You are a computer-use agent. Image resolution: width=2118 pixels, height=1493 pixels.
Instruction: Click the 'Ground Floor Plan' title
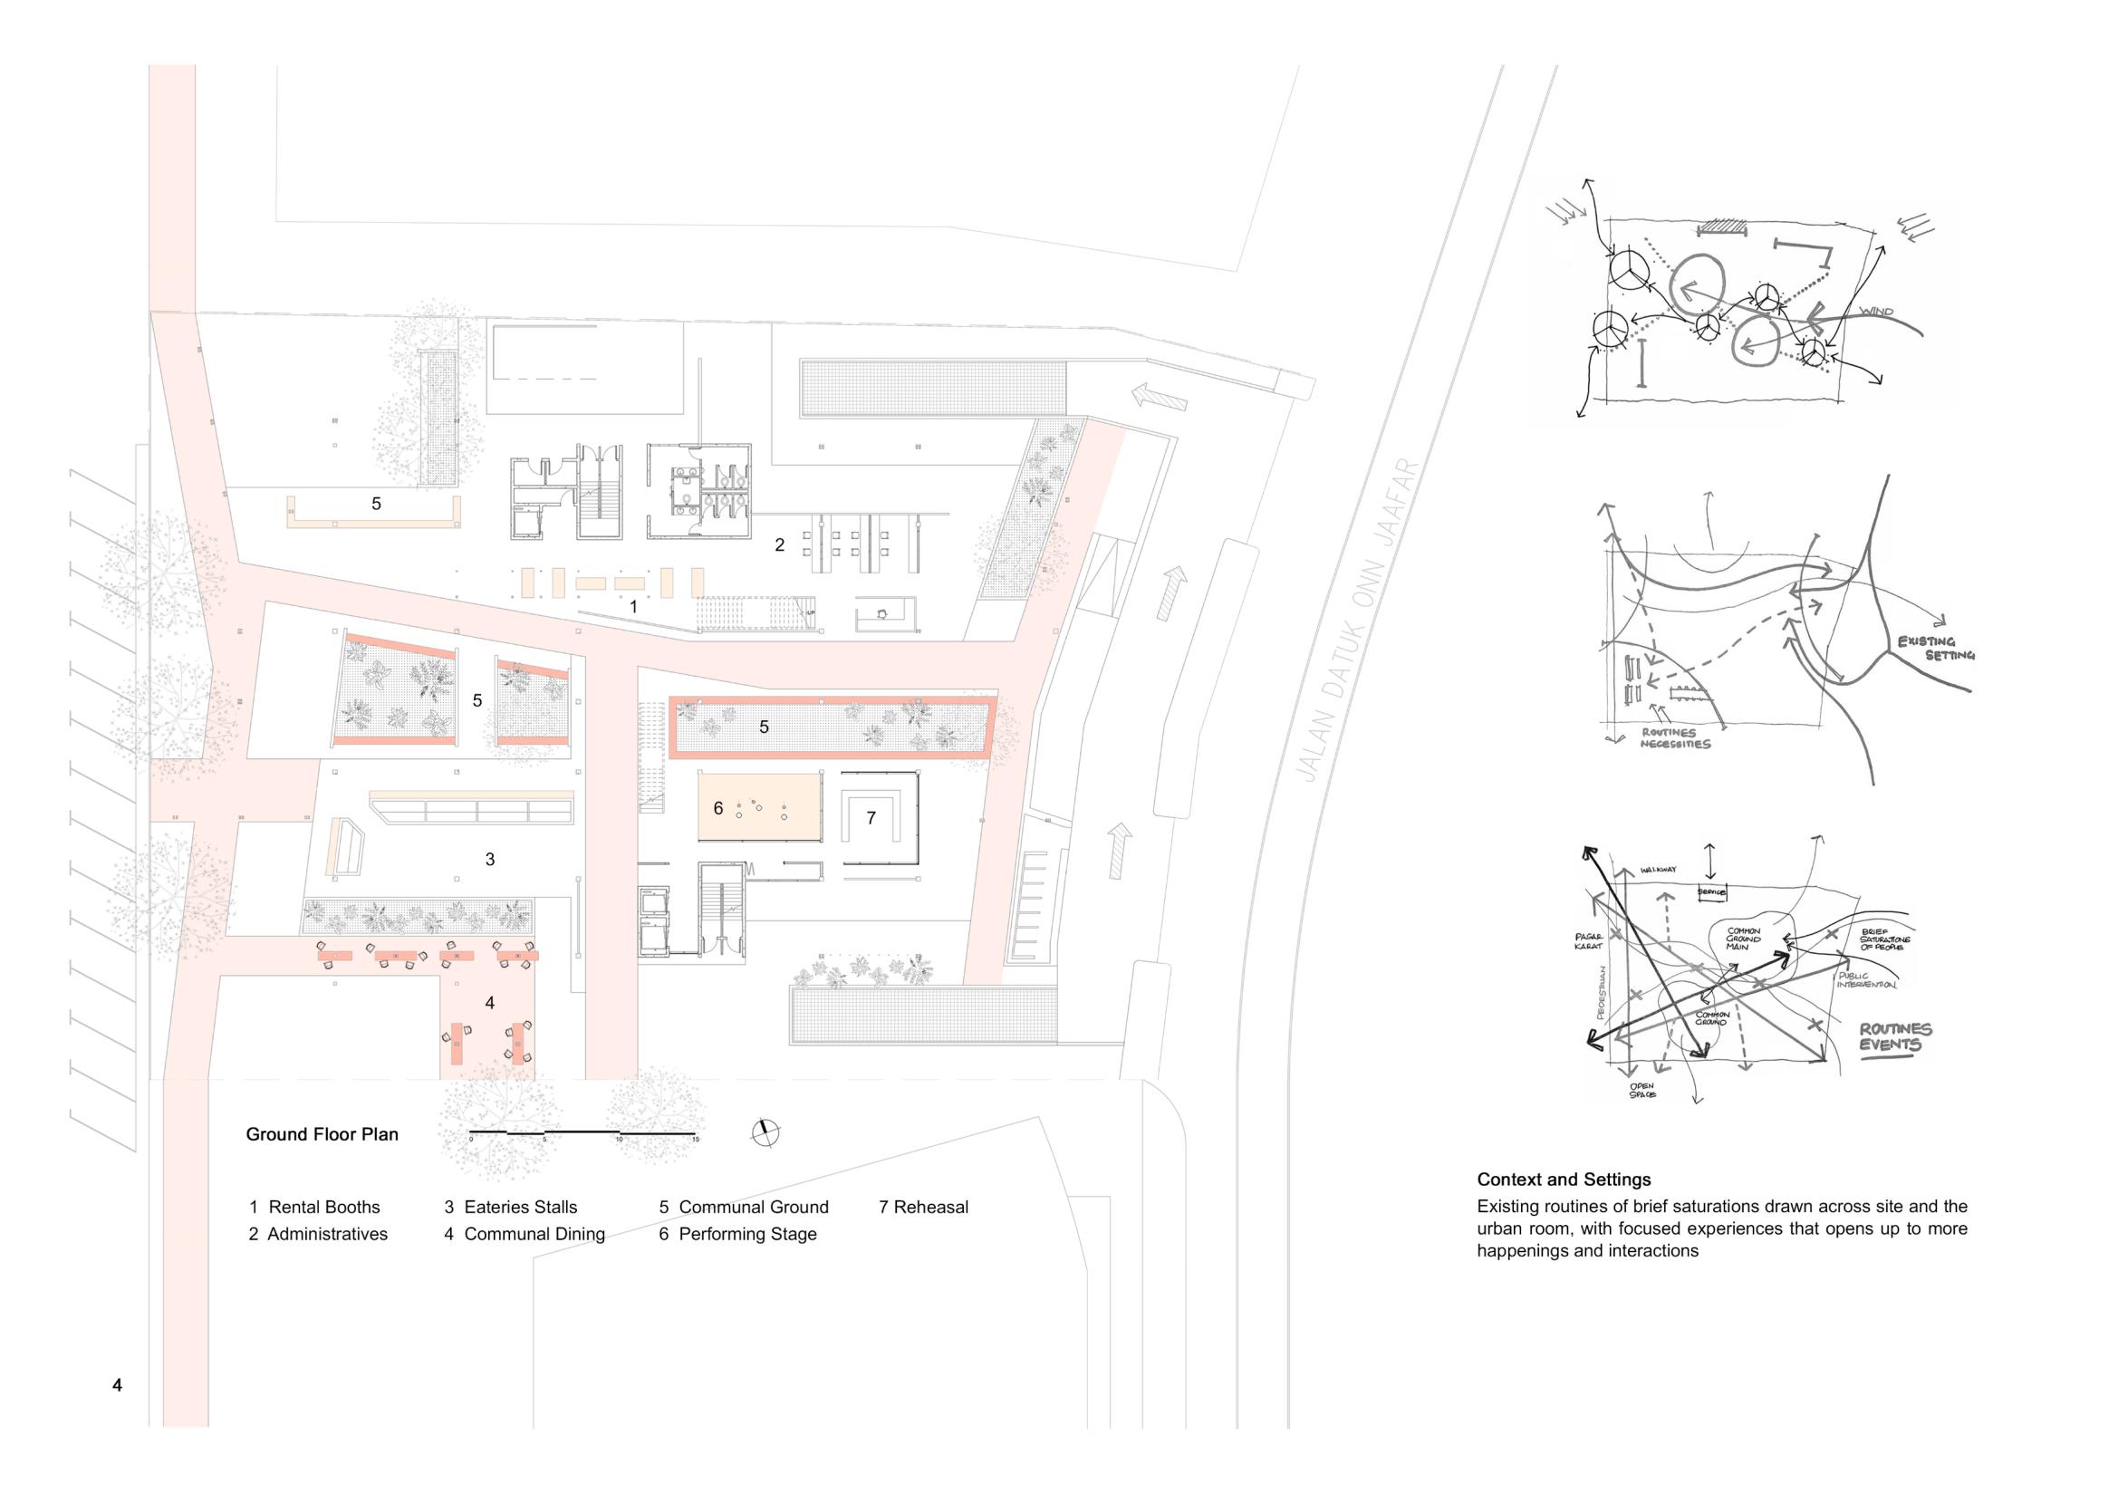322,1134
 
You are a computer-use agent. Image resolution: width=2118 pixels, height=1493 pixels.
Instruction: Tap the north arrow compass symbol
765,1132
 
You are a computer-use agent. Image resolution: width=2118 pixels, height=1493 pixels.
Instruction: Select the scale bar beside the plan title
582,1132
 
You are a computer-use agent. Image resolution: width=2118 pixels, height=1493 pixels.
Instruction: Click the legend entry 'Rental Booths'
314,1207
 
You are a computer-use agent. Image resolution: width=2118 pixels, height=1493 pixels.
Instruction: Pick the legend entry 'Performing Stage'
738,1234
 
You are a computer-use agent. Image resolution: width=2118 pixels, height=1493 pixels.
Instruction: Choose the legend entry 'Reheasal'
923,1207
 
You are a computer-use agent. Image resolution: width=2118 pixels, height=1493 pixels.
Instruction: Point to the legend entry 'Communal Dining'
524,1234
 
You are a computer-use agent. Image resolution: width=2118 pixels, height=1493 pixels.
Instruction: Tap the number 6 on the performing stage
718,808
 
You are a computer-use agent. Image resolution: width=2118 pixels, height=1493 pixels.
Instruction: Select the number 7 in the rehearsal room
871,817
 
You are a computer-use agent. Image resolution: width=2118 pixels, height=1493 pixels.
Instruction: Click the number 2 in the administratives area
779,545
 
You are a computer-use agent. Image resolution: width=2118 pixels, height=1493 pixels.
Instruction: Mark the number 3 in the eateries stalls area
490,859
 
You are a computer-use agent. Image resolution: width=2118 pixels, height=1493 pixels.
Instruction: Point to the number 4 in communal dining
490,1003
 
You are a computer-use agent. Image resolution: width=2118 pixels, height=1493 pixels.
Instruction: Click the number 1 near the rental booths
634,607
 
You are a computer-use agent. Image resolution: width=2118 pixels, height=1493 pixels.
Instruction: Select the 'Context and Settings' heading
1564,1180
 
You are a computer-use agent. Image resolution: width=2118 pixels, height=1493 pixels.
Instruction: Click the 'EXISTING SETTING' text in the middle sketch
1935,648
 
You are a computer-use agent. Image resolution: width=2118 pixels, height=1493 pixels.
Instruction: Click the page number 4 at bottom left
117,1385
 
